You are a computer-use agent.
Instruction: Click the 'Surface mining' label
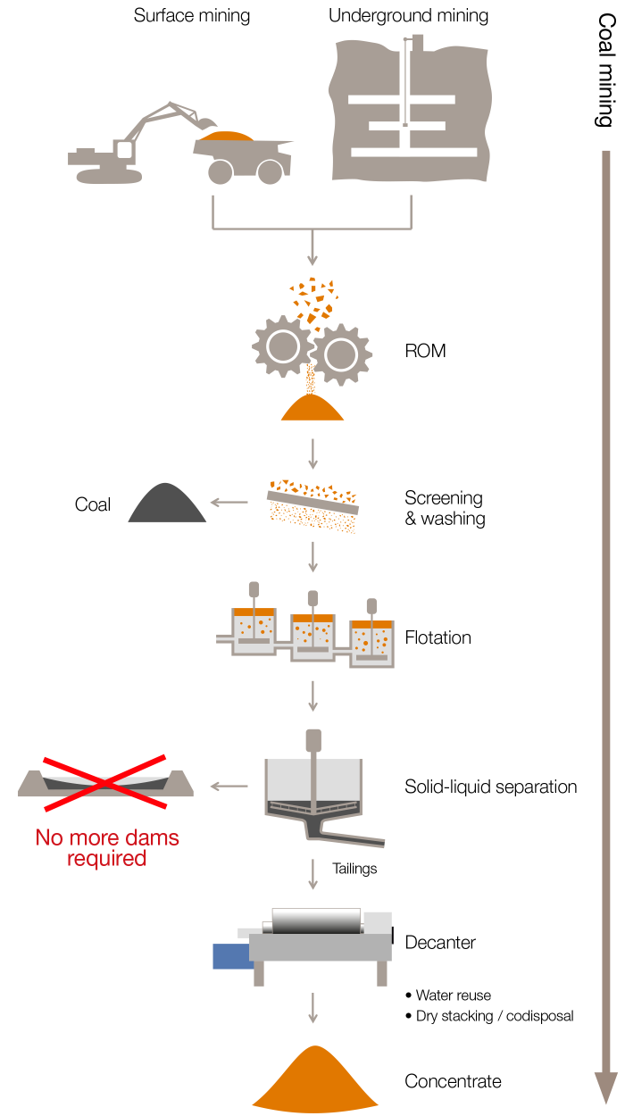[192, 15]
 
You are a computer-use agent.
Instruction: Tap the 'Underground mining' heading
[408, 15]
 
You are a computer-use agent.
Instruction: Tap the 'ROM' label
[425, 351]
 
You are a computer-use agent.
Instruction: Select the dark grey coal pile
[167, 504]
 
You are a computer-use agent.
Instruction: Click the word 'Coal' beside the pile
[93, 504]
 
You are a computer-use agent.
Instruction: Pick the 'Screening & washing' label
[445, 508]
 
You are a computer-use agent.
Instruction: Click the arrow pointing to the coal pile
[231, 503]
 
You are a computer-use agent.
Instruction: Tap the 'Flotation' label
[437, 637]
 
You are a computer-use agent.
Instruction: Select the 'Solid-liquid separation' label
[490, 787]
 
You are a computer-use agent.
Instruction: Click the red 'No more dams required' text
[107, 848]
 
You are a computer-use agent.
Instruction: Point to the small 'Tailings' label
[354, 868]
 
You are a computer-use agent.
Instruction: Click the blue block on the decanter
[231, 955]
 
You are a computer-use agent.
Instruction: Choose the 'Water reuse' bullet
[453, 995]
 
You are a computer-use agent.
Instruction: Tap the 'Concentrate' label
[453, 1081]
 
